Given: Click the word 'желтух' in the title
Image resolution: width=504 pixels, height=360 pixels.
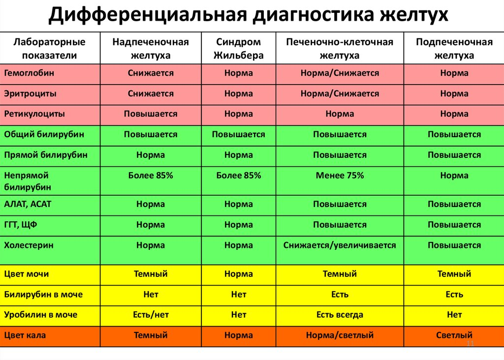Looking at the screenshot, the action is [414, 14].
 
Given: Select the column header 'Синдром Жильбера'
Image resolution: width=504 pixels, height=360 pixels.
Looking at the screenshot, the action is [239, 49].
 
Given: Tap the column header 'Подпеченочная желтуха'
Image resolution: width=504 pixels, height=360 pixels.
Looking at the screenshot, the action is [454, 49].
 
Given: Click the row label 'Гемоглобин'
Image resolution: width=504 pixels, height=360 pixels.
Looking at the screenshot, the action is [29, 73].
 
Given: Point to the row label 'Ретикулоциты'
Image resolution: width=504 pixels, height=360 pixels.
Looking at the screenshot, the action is [34, 114].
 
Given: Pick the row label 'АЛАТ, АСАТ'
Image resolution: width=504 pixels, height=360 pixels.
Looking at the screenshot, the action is [28, 204].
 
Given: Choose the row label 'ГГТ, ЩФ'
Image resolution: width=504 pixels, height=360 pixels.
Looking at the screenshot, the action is [21, 225].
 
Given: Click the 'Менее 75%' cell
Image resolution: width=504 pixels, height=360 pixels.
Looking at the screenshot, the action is [340, 176].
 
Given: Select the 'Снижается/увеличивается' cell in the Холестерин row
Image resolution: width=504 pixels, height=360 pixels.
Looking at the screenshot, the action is [340, 245].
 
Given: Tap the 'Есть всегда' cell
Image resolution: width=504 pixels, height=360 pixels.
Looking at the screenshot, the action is [340, 315].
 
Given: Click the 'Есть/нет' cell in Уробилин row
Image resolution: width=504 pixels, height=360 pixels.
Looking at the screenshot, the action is [151, 315].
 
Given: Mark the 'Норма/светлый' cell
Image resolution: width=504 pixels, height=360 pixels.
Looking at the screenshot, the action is [340, 335].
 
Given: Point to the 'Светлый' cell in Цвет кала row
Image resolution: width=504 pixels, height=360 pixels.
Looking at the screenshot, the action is [454, 335].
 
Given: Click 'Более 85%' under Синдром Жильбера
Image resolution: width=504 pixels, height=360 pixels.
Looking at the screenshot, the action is [239, 176].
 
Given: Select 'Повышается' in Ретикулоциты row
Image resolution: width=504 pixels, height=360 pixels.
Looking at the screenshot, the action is [151, 114].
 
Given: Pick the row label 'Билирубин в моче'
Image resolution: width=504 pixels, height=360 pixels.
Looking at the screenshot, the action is [43, 295].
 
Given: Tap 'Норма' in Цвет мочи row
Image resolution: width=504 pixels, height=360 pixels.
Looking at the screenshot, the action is [239, 274].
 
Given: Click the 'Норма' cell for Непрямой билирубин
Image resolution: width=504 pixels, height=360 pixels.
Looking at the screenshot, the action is [454, 176].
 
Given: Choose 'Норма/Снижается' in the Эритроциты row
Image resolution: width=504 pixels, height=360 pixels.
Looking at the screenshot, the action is [340, 93].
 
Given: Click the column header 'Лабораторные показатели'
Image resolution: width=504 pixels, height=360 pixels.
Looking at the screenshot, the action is [50, 49].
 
